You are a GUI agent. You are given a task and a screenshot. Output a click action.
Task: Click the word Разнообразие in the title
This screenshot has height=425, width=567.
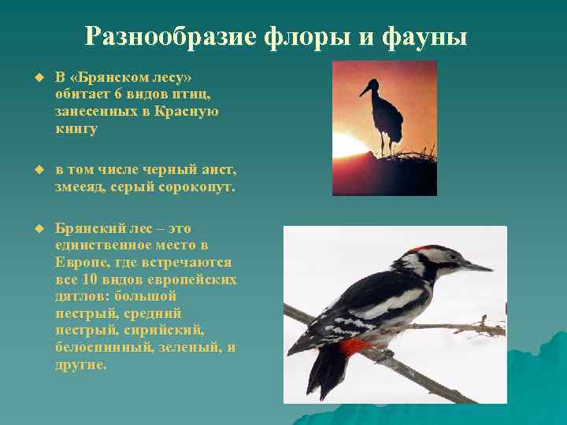click(162, 36)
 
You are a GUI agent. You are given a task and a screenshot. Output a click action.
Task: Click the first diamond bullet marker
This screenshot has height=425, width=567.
click(35, 78)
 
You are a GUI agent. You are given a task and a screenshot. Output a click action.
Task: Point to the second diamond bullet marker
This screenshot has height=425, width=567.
click(35, 170)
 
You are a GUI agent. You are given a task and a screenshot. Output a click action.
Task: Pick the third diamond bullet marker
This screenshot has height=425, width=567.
click(35, 227)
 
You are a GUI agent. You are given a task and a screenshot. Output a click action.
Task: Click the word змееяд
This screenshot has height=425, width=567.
click(82, 187)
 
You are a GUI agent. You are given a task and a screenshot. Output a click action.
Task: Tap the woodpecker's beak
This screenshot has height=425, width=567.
click(476, 267)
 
